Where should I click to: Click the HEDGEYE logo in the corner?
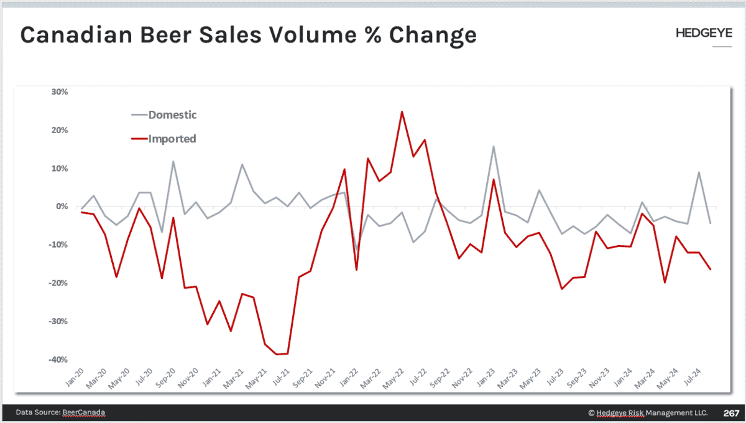(x=704, y=34)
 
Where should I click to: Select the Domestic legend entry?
(x=172, y=115)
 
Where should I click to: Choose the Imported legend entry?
(x=172, y=139)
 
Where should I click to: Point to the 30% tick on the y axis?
(x=60, y=91)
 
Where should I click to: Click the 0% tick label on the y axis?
(x=62, y=207)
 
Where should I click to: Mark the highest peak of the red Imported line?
(x=402, y=112)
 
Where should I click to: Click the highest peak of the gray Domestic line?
(x=493, y=147)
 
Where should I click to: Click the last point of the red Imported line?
(x=711, y=269)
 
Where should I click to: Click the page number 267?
(x=730, y=413)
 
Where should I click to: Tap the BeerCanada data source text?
(x=84, y=413)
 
